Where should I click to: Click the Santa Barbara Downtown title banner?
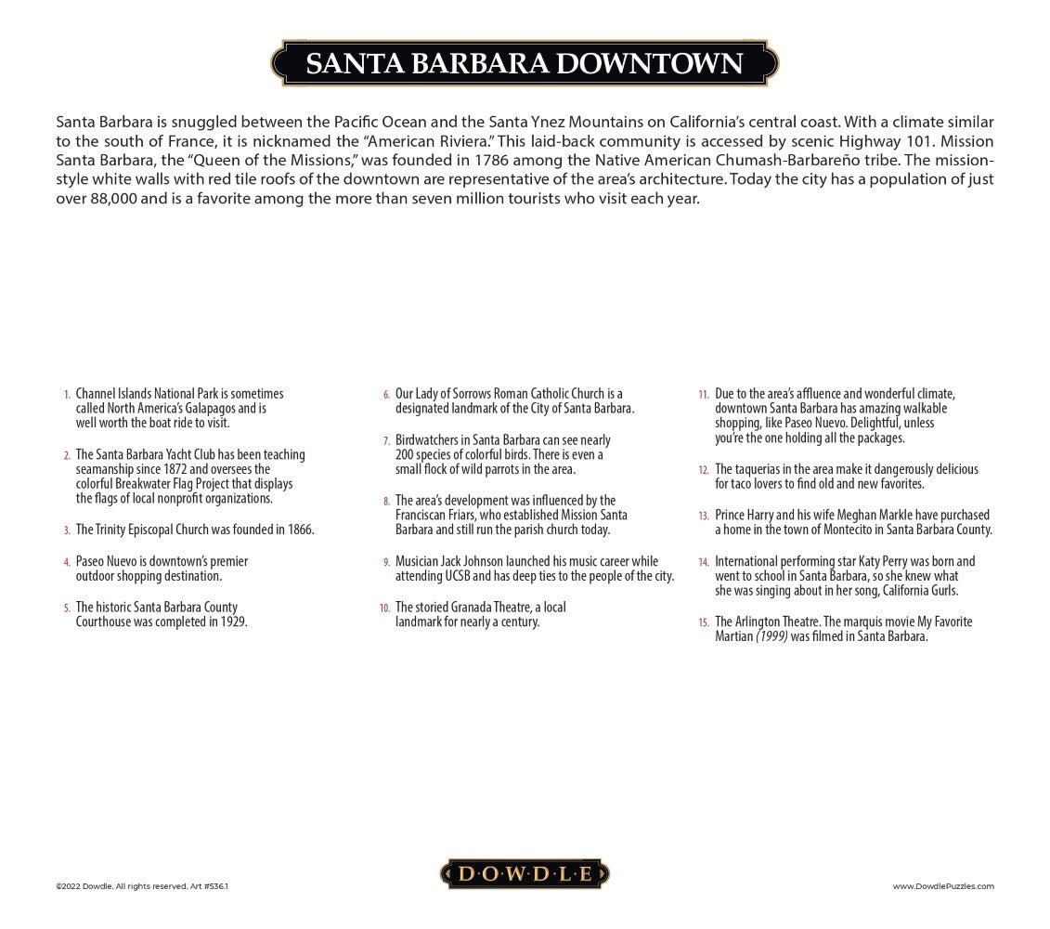click(525, 63)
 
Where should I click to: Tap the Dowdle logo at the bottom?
click(525, 873)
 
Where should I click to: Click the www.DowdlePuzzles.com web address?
click(943, 886)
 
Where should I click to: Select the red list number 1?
click(66, 395)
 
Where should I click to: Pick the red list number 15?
click(704, 622)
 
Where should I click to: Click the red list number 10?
click(384, 608)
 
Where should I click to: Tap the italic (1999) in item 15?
click(771, 636)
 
